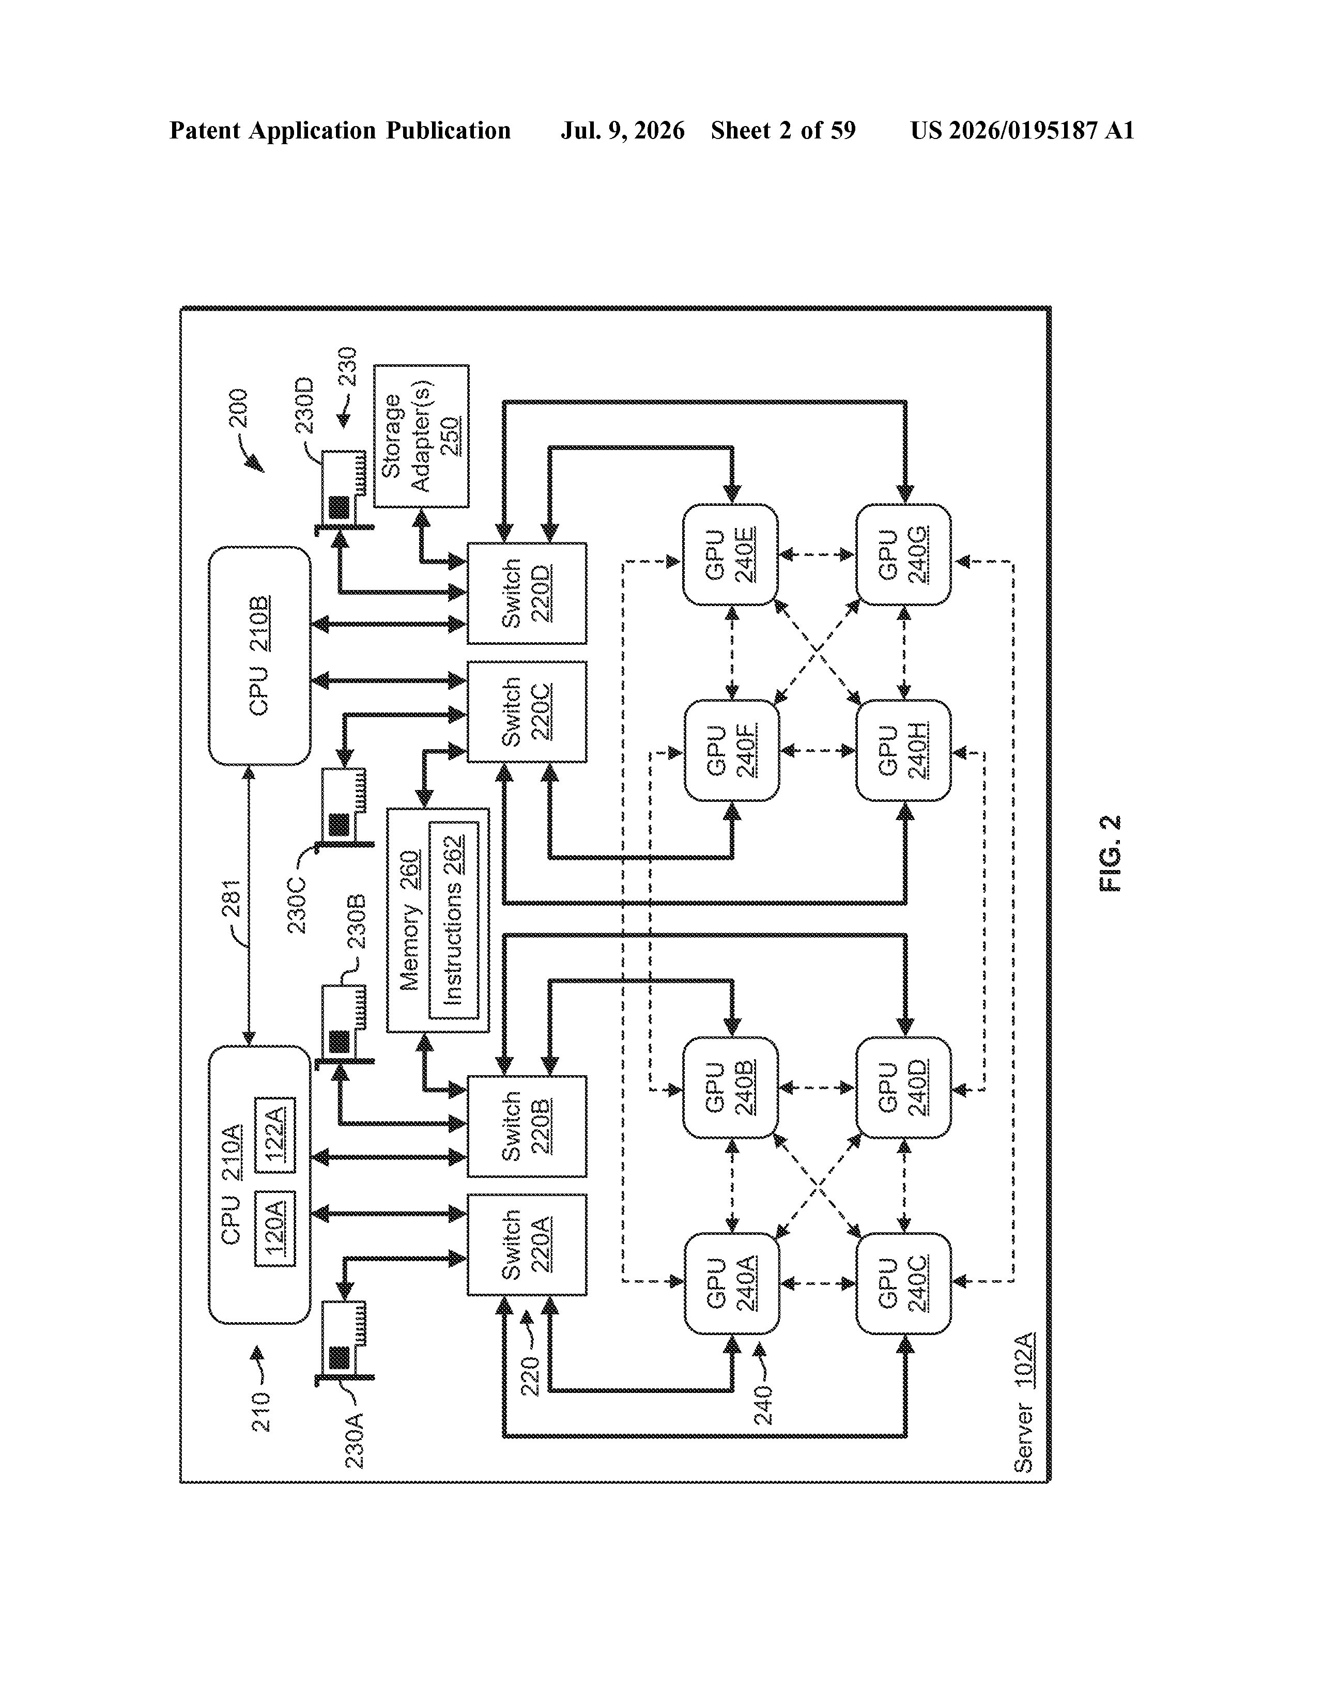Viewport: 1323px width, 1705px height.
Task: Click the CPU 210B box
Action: point(259,656)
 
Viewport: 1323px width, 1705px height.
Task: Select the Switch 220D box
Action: point(527,593)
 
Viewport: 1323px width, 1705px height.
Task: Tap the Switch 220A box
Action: point(527,1245)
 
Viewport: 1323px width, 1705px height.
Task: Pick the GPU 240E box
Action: point(731,554)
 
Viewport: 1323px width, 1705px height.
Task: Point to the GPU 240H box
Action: point(903,750)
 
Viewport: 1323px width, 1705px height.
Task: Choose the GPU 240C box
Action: point(903,1283)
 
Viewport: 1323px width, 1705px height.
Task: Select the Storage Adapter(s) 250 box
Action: point(422,436)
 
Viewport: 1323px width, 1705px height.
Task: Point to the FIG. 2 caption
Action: point(1110,854)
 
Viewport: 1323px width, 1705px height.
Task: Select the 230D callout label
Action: point(304,405)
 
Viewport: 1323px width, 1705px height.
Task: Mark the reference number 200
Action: point(237,408)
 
